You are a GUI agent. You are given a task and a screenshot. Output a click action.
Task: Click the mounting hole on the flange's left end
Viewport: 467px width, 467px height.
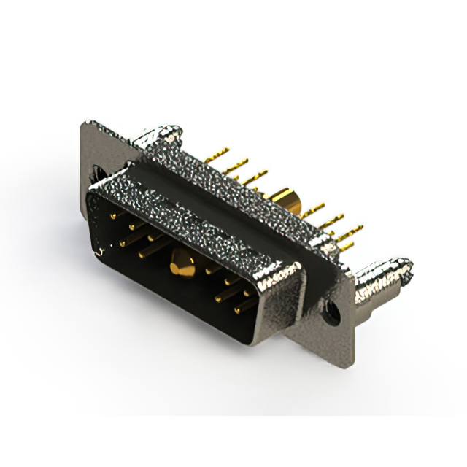pos(97,173)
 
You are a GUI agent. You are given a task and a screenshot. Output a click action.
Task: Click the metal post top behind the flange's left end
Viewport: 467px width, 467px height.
pos(157,133)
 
